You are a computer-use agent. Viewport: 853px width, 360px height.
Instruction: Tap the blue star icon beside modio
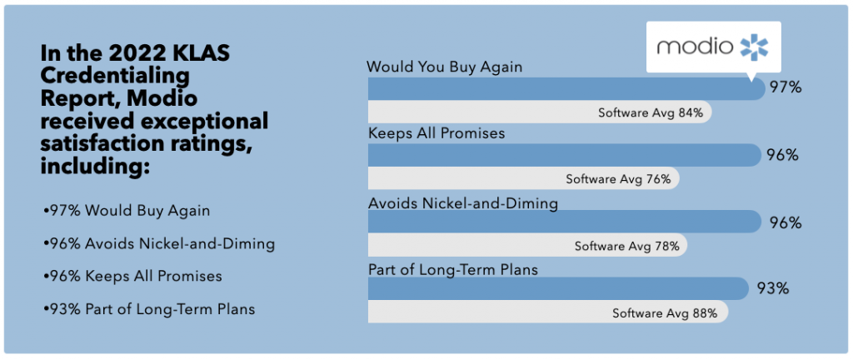(x=755, y=47)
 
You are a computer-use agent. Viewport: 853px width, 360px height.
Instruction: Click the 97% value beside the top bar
(x=785, y=87)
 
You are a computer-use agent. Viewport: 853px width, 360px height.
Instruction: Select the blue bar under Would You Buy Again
(x=566, y=88)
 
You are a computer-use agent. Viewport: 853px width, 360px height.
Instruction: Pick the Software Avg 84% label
(x=646, y=112)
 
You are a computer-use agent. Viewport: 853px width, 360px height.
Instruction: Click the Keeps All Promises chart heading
(x=436, y=133)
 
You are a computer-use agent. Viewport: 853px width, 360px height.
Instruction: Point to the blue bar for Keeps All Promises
(x=565, y=155)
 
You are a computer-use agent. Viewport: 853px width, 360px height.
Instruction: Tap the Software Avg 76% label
(x=618, y=179)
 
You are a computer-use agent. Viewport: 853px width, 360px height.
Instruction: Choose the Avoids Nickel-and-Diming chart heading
(x=463, y=203)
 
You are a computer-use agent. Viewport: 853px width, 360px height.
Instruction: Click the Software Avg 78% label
(x=627, y=246)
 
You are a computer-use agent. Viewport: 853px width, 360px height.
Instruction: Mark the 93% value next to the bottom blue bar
(x=773, y=288)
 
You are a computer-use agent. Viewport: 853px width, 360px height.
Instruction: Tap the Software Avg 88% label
(x=665, y=313)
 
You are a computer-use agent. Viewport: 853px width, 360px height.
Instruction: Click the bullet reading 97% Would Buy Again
(x=126, y=211)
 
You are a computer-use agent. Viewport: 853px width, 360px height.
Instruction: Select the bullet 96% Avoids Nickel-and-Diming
(x=157, y=244)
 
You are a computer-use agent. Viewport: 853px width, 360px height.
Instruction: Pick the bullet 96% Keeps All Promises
(x=132, y=277)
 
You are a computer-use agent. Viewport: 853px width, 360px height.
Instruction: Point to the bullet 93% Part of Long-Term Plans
(x=148, y=310)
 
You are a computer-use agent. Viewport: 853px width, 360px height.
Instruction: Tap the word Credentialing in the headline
(x=116, y=77)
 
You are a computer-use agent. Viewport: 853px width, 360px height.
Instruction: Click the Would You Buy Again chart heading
(x=445, y=67)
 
